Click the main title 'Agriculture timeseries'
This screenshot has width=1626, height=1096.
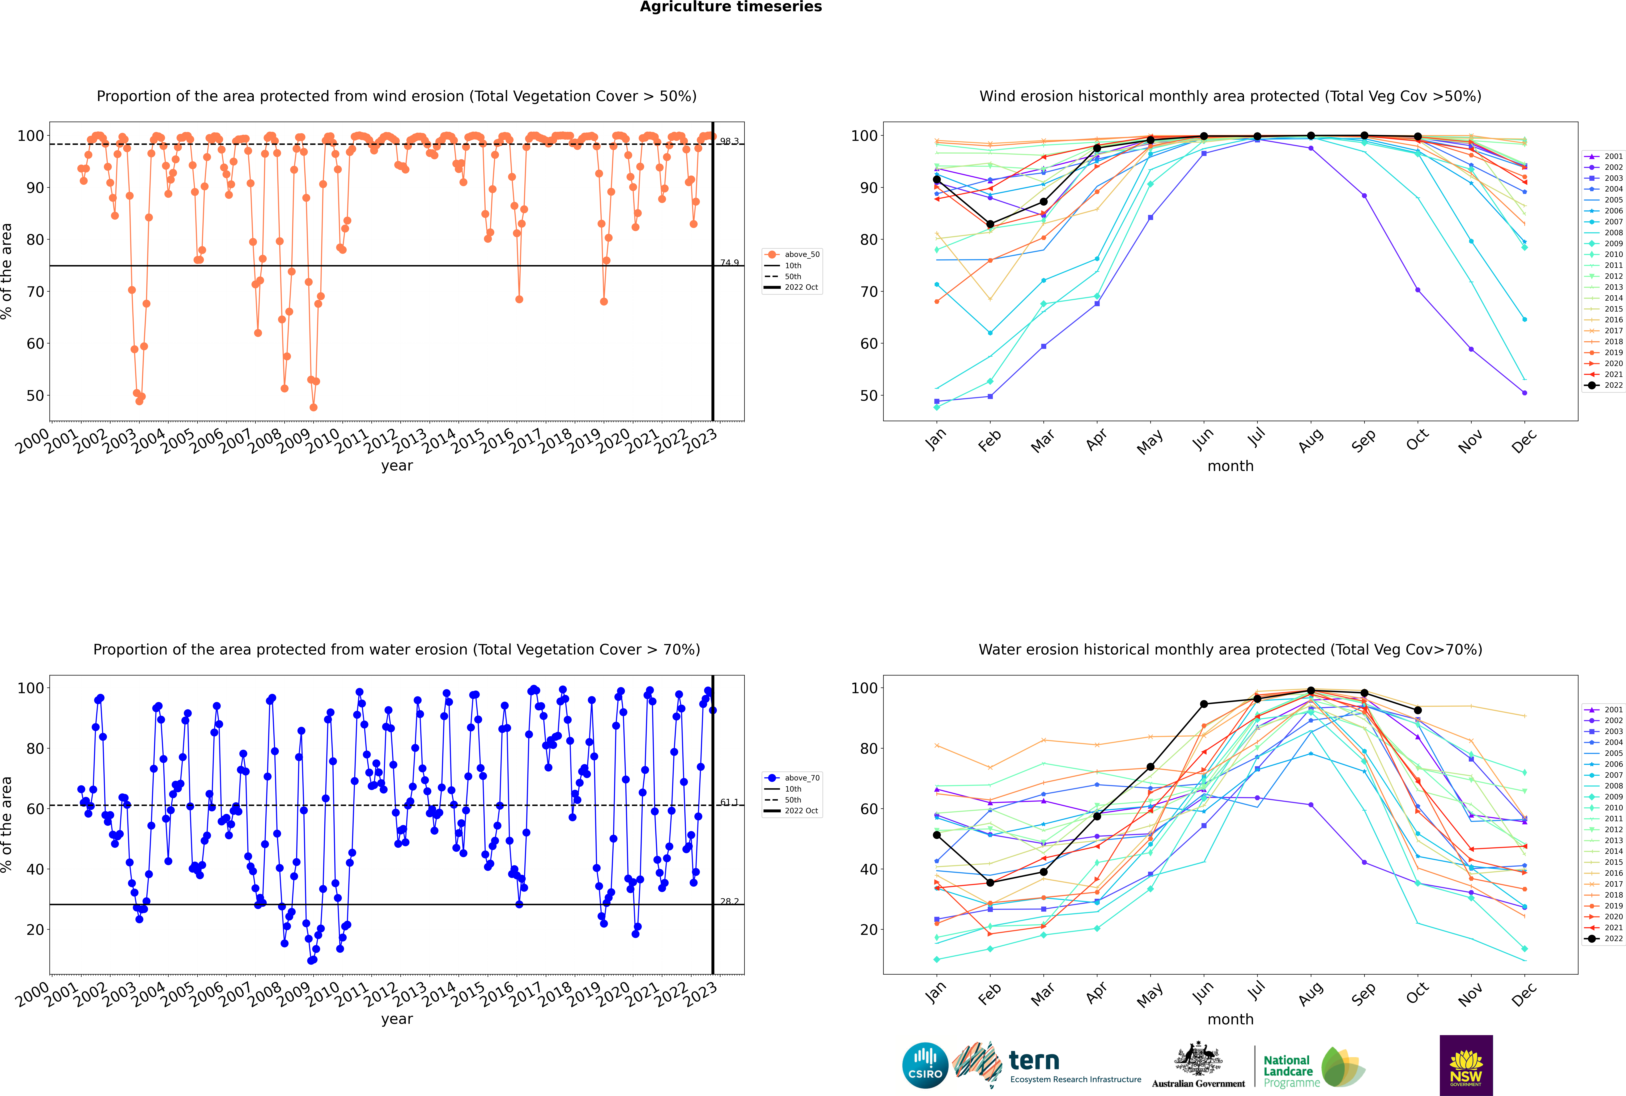click(x=731, y=7)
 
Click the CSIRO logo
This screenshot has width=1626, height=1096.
click(x=925, y=1065)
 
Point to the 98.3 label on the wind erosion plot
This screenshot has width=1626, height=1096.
click(x=729, y=141)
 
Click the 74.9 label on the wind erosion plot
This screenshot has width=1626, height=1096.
click(x=729, y=263)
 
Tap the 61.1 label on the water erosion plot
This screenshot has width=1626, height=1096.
click(x=729, y=802)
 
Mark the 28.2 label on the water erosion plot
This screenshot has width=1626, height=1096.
click(x=729, y=902)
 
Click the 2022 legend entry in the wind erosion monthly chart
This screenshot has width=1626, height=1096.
click(x=1604, y=385)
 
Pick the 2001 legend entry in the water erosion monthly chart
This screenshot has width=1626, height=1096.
click(x=1604, y=710)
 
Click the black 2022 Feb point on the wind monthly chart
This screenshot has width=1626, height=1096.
click(x=990, y=224)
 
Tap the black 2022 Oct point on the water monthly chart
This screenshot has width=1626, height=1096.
click(x=1418, y=710)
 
